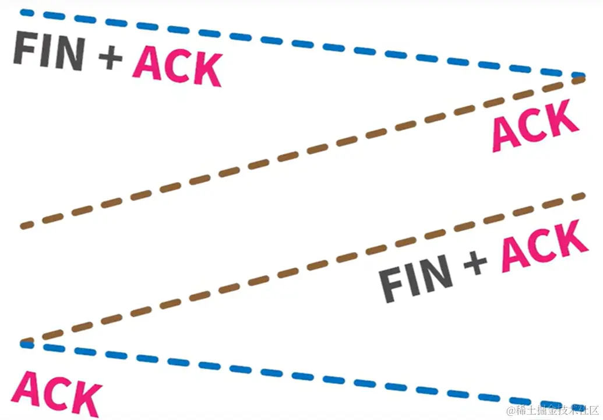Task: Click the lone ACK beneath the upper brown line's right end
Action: click(535, 125)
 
